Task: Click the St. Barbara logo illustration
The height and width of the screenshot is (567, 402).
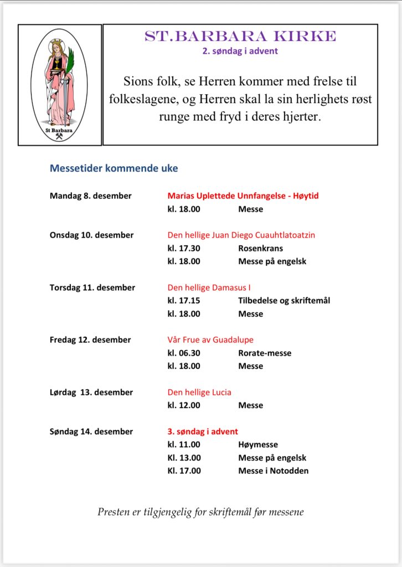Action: (x=59, y=85)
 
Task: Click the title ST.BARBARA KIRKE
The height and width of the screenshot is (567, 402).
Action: (x=240, y=37)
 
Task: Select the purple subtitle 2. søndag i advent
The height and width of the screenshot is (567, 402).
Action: (x=240, y=51)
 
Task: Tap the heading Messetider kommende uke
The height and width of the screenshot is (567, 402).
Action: (x=114, y=168)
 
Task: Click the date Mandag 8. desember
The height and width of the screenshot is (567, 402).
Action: (x=91, y=196)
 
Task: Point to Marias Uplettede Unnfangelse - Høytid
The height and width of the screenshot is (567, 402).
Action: (x=243, y=196)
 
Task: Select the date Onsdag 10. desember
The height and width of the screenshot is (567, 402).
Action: (x=91, y=235)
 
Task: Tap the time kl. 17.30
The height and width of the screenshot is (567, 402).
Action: (x=184, y=248)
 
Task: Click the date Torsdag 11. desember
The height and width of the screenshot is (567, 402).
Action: (x=92, y=287)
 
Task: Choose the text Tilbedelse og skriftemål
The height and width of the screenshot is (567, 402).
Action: (x=284, y=301)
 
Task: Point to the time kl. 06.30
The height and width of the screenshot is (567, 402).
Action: (x=184, y=353)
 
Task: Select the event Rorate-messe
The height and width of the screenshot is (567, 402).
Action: (x=265, y=353)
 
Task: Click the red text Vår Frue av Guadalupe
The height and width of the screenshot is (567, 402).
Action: (x=210, y=339)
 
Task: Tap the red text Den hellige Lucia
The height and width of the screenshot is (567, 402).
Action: (x=199, y=392)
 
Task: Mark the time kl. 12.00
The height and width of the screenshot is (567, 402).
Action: (x=184, y=405)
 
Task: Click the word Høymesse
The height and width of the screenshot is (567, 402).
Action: (x=258, y=445)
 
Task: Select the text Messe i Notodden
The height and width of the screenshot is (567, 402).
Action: (x=274, y=471)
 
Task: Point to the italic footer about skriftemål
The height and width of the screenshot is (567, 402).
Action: (x=200, y=512)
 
